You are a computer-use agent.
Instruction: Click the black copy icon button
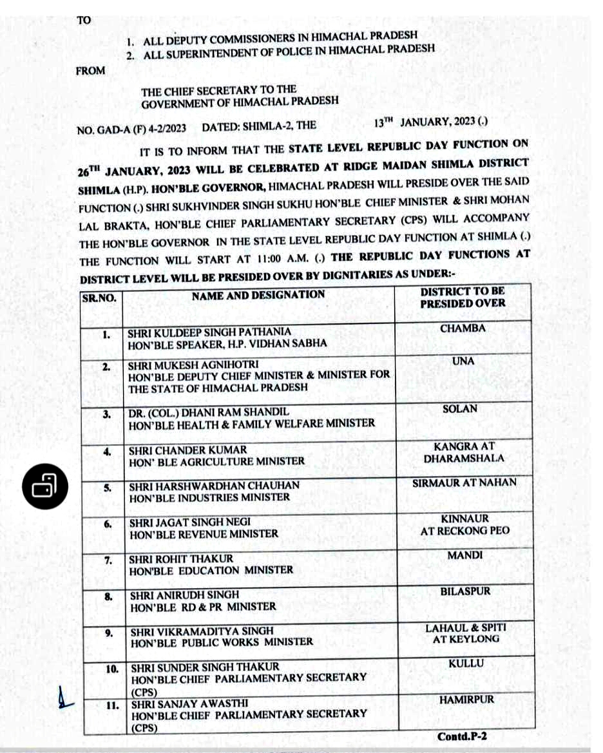pos(44,486)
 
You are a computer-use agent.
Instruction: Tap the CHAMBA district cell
pos(463,329)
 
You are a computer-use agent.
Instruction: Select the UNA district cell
pos(463,361)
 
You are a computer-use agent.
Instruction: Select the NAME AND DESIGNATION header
pos(258,295)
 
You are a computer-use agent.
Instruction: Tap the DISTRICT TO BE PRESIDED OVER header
pos(463,298)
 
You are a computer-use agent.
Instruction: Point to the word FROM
pos(90,71)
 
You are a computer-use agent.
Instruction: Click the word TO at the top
pos(84,20)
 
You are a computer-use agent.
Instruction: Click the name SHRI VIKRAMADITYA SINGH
pos(202,631)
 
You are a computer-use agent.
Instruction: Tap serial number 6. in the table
pos(109,524)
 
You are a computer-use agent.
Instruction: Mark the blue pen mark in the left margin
pos(63,697)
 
